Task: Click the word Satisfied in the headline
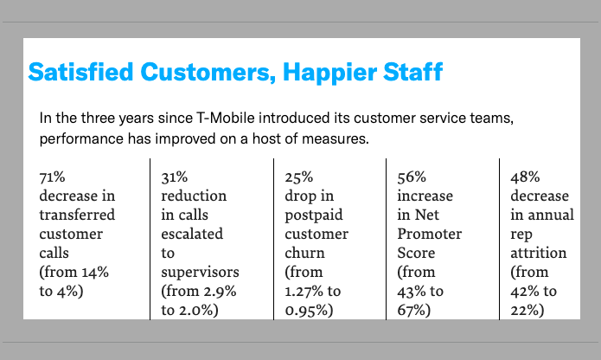tap(80, 72)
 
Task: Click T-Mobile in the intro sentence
tap(226, 118)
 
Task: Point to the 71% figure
tap(52, 177)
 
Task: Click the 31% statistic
tap(175, 177)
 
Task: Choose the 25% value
tap(299, 177)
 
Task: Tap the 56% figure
tap(412, 177)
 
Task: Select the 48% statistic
tap(525, 177)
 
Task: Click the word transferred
tap(77, 215)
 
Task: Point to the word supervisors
tap(200, 273)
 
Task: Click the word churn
tap(304, 253)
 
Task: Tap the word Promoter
tap(429, 234)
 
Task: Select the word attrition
tap(539, 253)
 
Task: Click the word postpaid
tap(314, 215)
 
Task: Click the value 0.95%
tap(307, 311)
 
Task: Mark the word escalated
tap(192, 234)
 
